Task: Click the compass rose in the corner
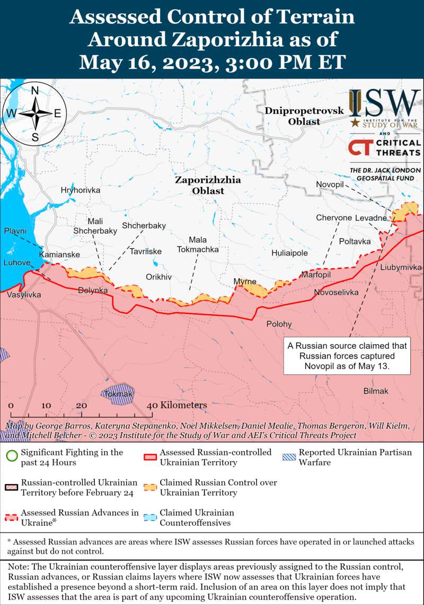35,113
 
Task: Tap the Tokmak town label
118,394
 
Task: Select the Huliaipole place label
289,253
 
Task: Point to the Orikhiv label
159,277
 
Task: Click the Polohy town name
279,324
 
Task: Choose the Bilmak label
376,391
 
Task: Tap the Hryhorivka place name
81,190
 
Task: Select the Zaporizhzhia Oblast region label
208,185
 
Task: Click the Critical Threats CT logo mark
360,147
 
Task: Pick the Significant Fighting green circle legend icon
11,457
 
